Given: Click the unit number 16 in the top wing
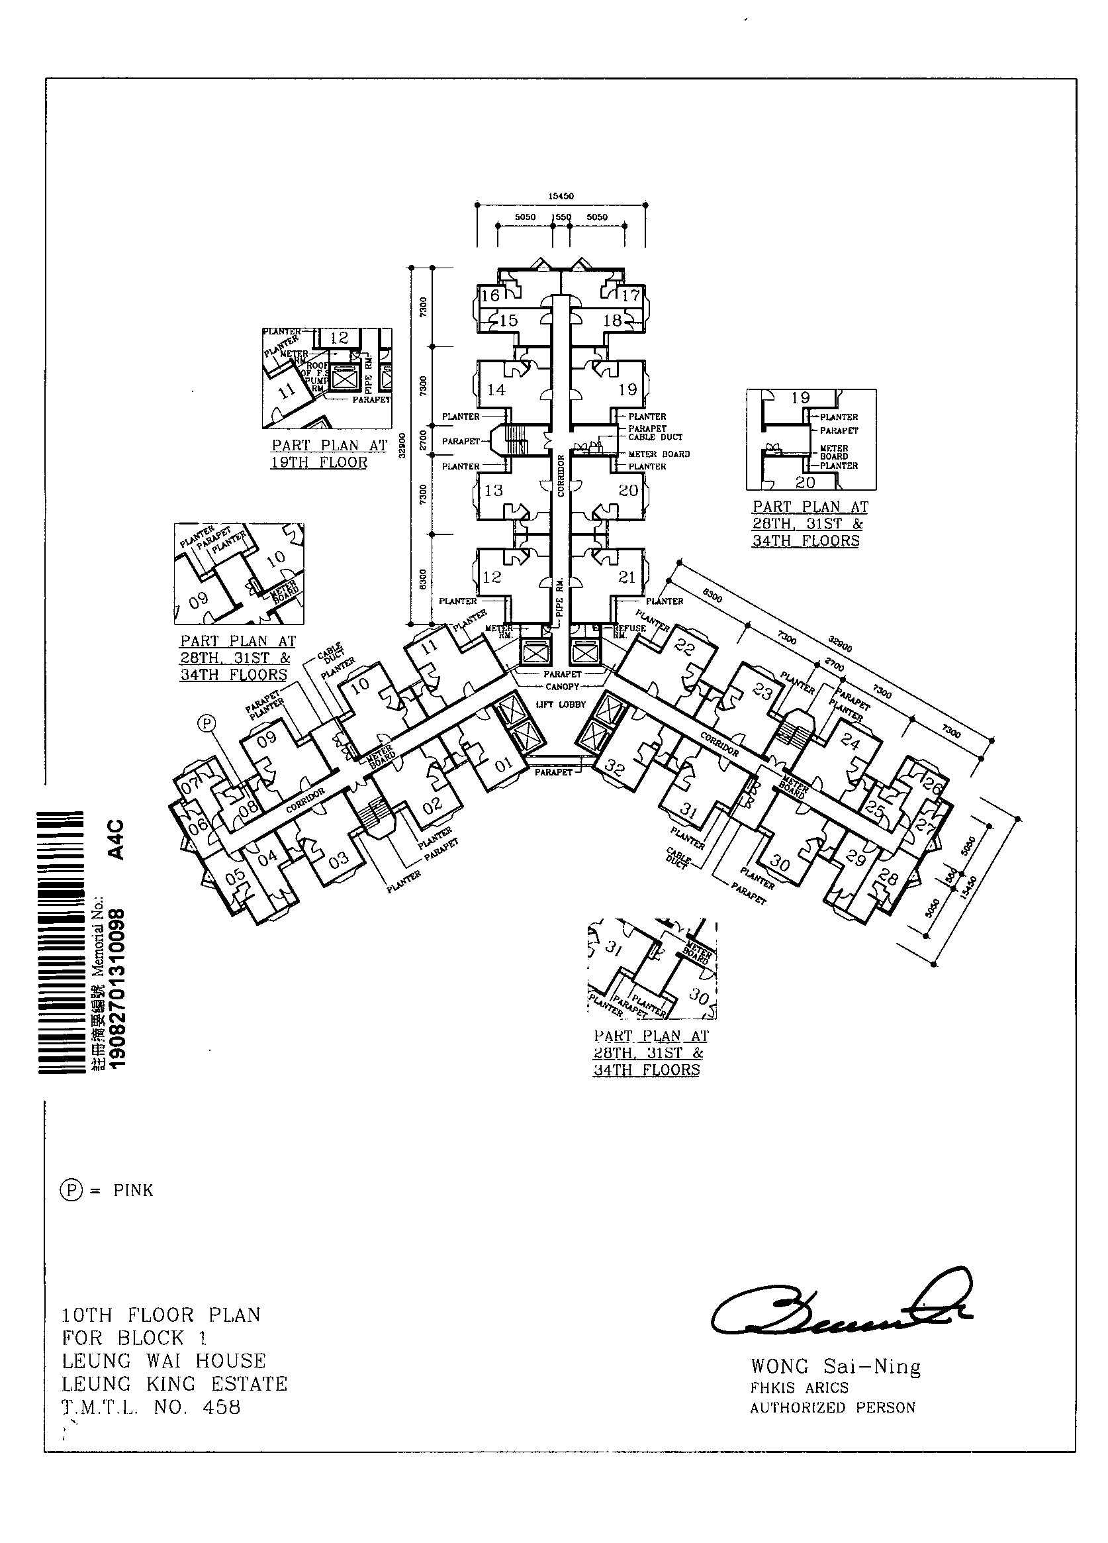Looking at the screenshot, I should (x=490, y=295).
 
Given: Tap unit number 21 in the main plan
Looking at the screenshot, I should (x=626, y=577).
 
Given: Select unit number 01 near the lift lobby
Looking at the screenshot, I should (x=504, y=766).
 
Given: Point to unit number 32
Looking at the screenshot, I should (x=614, y=769).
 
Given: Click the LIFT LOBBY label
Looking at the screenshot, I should (x=561, y=705).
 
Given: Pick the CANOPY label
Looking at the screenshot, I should (x=562, y=687).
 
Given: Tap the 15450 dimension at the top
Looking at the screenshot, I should (x=561, y=196).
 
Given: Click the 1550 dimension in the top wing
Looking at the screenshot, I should (x=561, y=217).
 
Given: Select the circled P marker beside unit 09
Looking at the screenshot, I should (x=206, y=724).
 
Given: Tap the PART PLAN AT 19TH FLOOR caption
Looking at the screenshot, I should (x=329, y=454).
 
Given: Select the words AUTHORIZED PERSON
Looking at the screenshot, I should (x=833, y=1408).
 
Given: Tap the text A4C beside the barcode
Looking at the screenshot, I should (x=117, y=840).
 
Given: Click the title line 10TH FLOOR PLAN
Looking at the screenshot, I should (x=162, y=1315).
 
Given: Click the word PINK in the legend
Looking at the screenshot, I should (x=133, y=1190).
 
